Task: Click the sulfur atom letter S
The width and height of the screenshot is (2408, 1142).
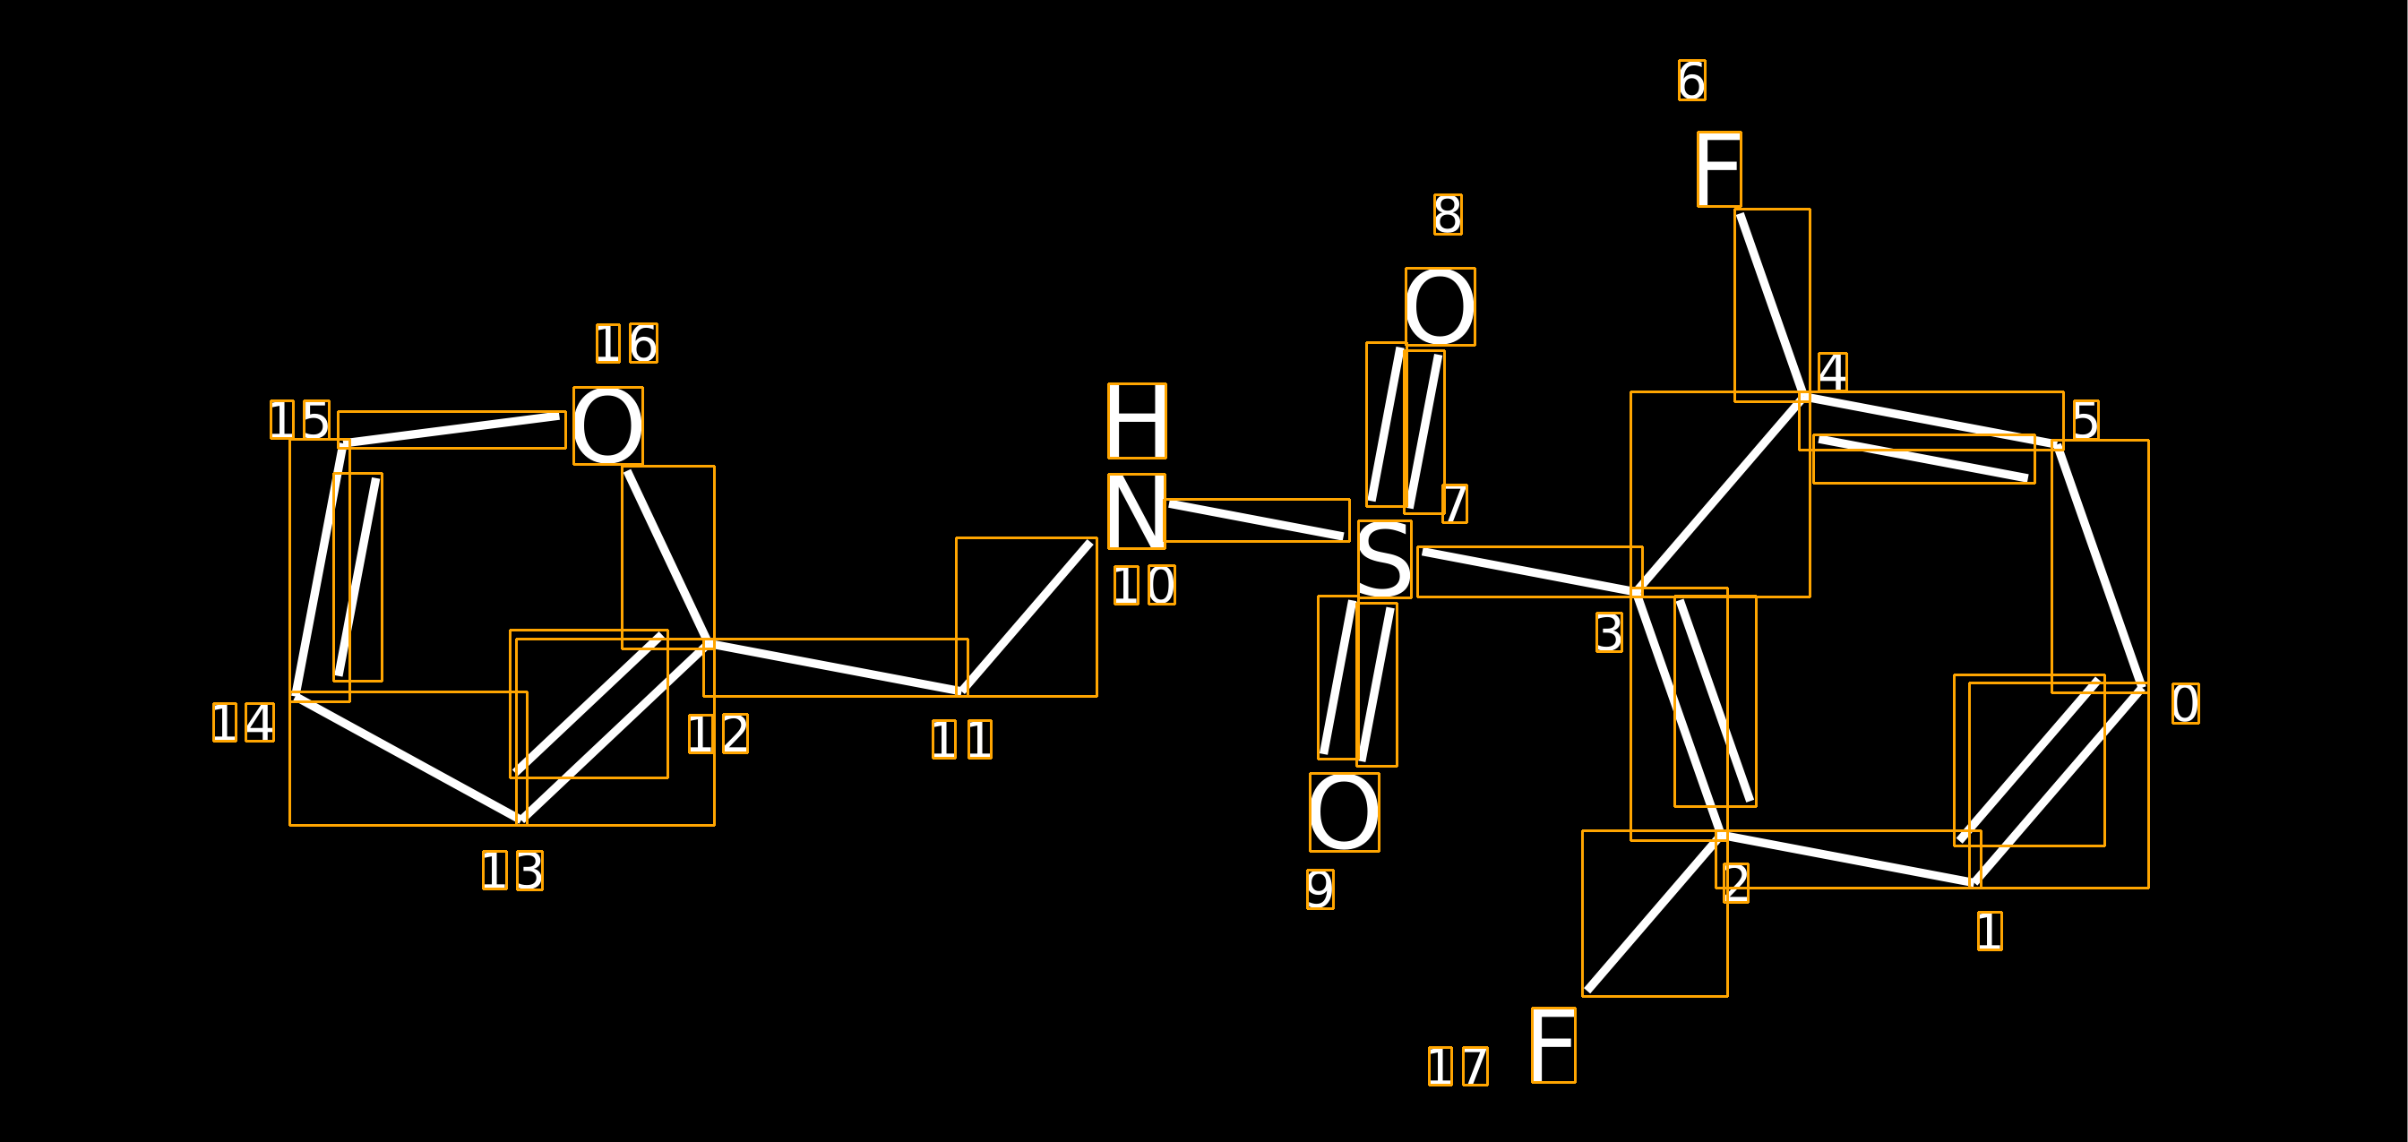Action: (1384, 559)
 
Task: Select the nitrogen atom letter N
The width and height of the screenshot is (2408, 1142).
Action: (1137, 511)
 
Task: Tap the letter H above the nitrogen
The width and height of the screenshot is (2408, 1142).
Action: (1137, 421)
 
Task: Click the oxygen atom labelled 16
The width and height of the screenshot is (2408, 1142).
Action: (607, 426)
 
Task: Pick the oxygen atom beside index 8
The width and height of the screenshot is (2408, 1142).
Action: (1440, 306)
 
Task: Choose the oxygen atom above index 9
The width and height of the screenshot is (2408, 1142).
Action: (1345, 812)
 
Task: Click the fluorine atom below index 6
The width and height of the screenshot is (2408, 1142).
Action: (1719, 169)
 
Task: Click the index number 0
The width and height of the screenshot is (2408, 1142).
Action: (2186, 704)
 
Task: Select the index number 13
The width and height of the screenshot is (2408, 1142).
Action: (512, 870)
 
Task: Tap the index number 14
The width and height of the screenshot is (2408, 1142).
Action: (244, 723)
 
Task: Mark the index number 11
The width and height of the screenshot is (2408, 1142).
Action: (962, 739)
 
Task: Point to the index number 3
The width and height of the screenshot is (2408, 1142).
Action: (1609, 632)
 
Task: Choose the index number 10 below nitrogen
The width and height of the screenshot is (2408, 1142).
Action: (1144, 585)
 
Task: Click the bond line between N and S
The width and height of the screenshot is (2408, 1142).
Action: (1256, 520)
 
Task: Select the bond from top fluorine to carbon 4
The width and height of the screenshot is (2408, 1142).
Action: (1772, 305)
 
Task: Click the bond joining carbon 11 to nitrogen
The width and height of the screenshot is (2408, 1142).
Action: (1027, 617)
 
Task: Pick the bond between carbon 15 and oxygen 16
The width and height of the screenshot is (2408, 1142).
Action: (451, 430)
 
